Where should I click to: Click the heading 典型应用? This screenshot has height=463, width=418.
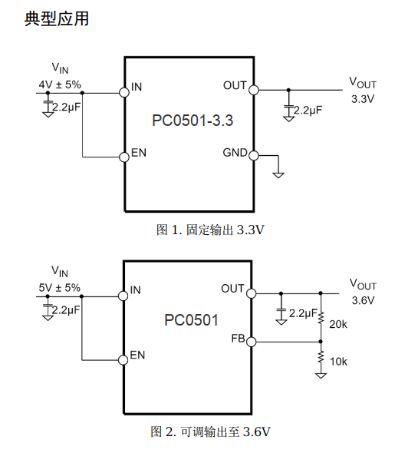tap(56, 19)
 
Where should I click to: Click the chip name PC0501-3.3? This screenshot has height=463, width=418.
tap(193, 121)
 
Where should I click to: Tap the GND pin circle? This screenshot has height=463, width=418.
tap(254, 155)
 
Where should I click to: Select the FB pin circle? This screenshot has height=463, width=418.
tap(252, 342)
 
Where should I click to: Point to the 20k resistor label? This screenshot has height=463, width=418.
tap(338, 324)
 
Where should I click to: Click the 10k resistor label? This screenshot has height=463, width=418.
tap(338, 362)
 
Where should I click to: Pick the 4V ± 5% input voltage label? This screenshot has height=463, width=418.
tap(60, 84)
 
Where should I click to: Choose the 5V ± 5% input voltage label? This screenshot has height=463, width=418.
tap(59, 288)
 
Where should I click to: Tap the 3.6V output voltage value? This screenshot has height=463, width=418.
tap(363, 300)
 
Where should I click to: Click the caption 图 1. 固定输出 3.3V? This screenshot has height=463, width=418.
tap(210, 230)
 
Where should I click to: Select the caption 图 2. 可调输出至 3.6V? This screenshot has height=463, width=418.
tap(210, 432)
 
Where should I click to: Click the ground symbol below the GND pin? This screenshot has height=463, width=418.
tap(278, 175)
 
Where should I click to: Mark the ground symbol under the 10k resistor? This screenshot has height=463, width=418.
tap(321, 375)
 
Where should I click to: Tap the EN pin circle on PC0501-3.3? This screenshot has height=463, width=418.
tap(124, 157)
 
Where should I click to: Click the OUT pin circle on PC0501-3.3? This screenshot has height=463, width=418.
tap(254, 90)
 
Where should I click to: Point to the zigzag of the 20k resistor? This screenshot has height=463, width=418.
tap(321, 317)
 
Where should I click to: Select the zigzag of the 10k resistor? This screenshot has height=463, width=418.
tap(321, 357)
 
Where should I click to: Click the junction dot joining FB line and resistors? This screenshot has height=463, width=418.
tap(321, 342)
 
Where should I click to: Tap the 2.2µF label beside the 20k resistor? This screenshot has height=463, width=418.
tap(303, 313)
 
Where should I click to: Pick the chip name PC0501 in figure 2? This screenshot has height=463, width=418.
tap(191, 320)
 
